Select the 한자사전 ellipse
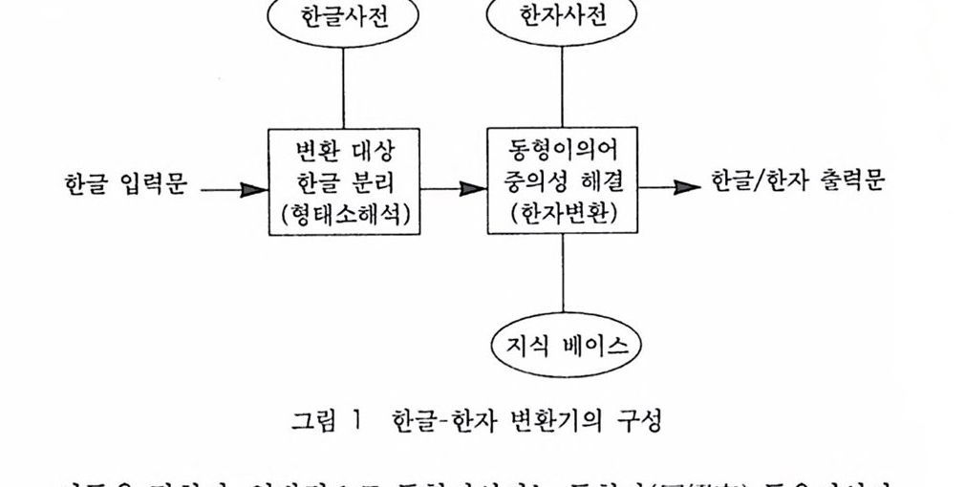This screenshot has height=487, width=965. point(563,17)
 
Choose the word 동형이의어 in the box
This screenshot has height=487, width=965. point(562,151)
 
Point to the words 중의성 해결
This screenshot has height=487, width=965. point(562,182)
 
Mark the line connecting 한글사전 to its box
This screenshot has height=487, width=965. point(344,85)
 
